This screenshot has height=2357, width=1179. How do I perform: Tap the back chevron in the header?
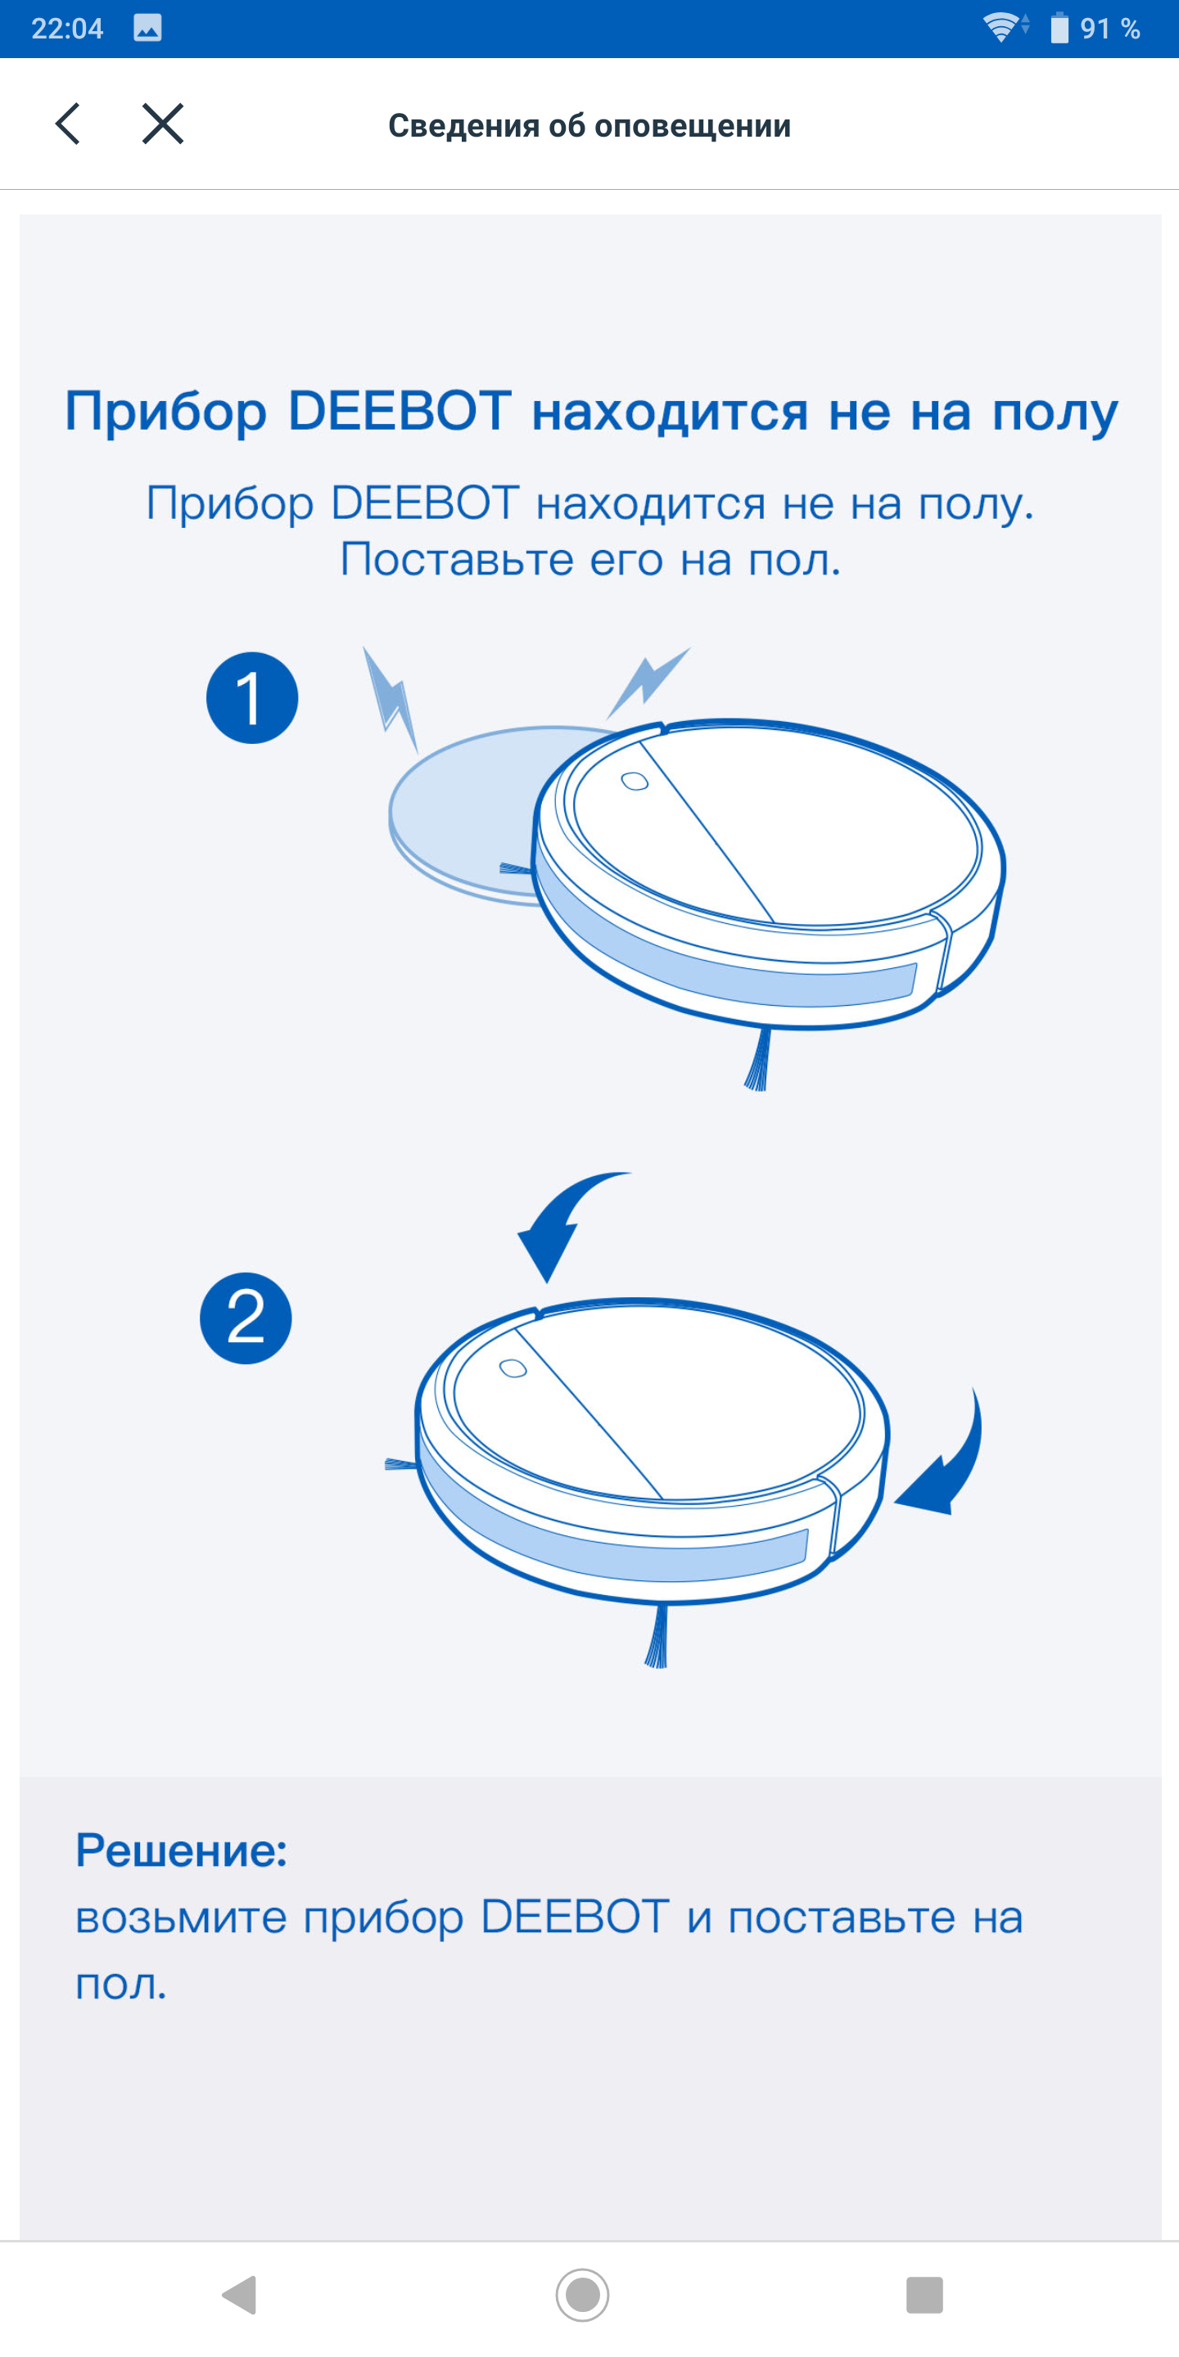point(68,124)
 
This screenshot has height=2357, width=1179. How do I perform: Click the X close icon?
point(163,124)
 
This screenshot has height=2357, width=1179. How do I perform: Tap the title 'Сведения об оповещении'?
point(589,125)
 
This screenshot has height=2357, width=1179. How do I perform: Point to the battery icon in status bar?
point(1059,28)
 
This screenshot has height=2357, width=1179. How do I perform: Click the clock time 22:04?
point(67,29)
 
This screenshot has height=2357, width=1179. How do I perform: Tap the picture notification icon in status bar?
point(147,29)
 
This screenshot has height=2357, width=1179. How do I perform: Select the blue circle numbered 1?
point(251,697)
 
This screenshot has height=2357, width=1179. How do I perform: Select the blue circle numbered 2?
point(246,1318)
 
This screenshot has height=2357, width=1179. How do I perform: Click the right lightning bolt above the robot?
point(648,682)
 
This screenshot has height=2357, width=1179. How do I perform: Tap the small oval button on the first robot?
point(635,782)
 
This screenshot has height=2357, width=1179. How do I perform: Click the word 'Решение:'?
point(181,1850)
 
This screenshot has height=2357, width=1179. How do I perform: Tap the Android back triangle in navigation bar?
point(240,2295)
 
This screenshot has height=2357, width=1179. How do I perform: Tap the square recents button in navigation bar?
point(924,2295)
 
